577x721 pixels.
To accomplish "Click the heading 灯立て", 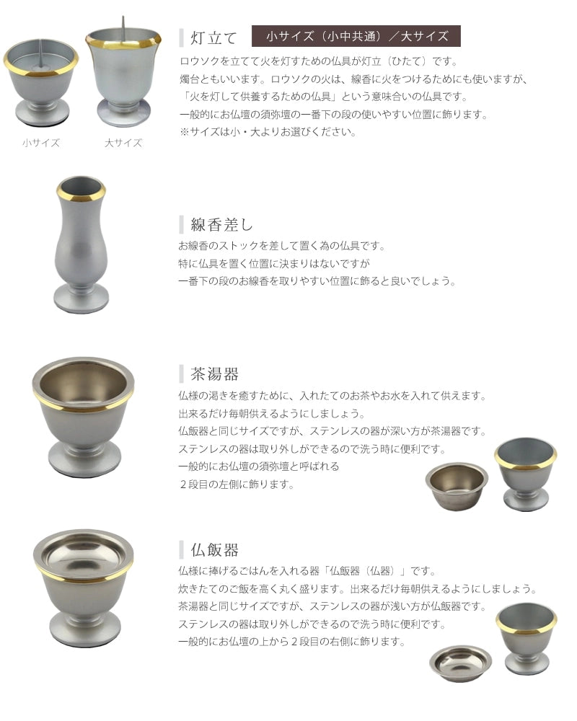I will pyautogui.click(x=213, y=37).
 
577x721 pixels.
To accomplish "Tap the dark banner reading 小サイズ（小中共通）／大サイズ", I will pyautogui.click(x=356, y=36).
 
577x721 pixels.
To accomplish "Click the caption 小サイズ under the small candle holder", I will pyautogui.click(x=41, y=143).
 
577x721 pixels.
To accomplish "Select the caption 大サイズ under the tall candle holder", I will pyautogui.click(x=123, y=143).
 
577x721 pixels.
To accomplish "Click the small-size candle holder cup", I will pyautogui.click(x=40, y=79).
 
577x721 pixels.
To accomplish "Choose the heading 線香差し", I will pyautogui.click(x=221, y=224).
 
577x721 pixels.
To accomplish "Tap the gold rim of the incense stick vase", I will pyautogui.click(x=81, y=195).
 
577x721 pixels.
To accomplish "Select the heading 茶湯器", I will pyautogui.click(x=214, y=374).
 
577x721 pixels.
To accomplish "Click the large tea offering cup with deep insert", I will pyautogui.click(x=84, y=411).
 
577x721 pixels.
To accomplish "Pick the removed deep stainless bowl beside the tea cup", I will pyautogui.click(x=457, y=486).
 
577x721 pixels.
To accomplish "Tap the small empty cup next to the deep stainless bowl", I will pyautogui.click(x=525, y=472).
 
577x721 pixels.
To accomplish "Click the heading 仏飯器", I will pyautogui.click(x=214, y=550).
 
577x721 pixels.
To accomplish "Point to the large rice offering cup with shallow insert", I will pyautogui.click(x=84, y=584).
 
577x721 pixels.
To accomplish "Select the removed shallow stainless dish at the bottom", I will pyautogui.click(x=460, y=663).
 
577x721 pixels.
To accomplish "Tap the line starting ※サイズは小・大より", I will pyautogui.click(x=268, y=132).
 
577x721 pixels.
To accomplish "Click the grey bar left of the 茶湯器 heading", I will pyautogui.click(x=182, y=374).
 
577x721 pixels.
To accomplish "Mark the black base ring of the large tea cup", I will pyautogui.click(x=84, y=473).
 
